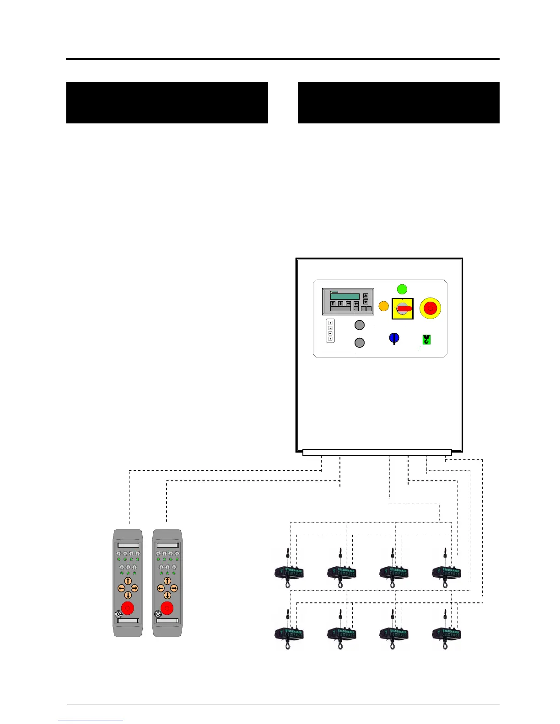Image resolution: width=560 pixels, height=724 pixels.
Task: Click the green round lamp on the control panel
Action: click(x=402, y=289)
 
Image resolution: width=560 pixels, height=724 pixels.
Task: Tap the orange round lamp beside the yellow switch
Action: click(x=384, y=306)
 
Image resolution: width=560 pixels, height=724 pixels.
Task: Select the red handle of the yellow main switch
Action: click(x=404, y=309)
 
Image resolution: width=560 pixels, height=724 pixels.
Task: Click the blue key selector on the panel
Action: click(x=394, y=338)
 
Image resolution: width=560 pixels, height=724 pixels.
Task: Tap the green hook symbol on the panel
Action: click(x=426, y=339)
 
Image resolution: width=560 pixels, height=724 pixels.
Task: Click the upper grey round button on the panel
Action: click(x=360, y=325)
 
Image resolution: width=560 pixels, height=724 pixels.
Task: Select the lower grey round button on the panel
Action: click(x=360, y=342)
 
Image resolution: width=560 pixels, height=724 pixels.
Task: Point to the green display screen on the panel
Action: click(x=345, y=297)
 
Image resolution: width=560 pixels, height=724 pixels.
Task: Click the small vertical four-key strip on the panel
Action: click(x=330, y=330)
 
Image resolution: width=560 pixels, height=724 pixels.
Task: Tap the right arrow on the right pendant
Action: click(x=174, y=588)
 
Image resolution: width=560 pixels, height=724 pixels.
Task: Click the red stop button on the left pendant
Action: click(x=128, y=608)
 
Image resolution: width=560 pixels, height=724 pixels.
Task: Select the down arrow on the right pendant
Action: click(x=167, y=595)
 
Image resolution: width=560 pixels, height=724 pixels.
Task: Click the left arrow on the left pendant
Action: click(x=121, y=588)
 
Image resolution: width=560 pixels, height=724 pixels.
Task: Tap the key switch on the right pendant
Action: click(x=158, y=614)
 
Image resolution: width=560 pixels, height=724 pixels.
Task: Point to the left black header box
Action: click(x=167, y=102)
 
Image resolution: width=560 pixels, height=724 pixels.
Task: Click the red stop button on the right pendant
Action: click(x=167, y=608)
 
